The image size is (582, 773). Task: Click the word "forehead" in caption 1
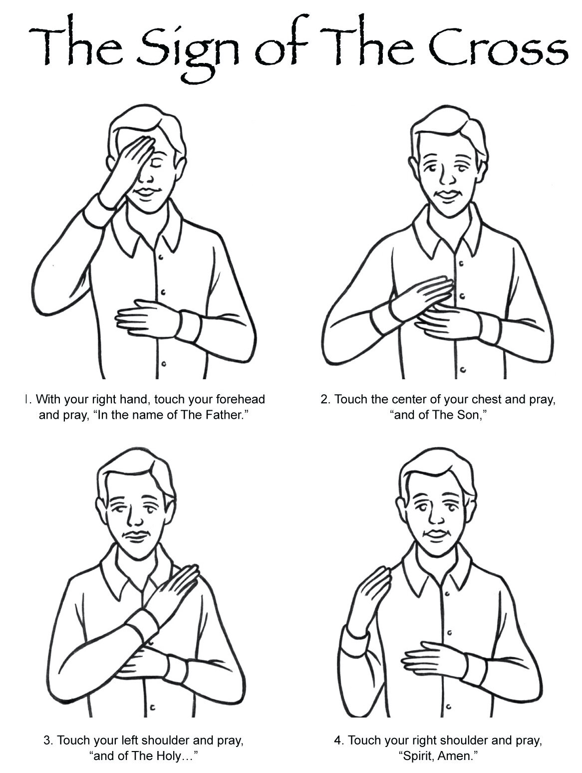tap(241, 399)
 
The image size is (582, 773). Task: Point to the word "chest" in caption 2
tap(486, 399)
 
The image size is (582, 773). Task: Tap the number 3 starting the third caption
tap(47, 740)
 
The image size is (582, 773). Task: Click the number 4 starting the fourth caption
tap(338, 740)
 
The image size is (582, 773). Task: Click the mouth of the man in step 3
tap(136, 536)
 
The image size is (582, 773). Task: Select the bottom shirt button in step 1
tap(164, 364)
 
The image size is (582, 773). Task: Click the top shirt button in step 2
tap(461, 263)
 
